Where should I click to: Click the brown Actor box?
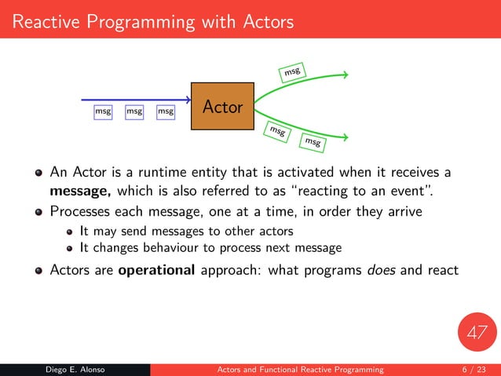pyautogui.click(x=222, y=106)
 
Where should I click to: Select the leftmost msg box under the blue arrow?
pyautogui.click(x=103, y=112)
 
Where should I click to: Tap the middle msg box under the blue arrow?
pyautogui.click(x=134, y=112)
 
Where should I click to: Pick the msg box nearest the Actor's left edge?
pyautogui.click(x=166, y=112)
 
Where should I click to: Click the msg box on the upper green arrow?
pyautogui.click(x=292, y=72)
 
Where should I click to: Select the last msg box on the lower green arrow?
pyautogui.click(x=313, y=142)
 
